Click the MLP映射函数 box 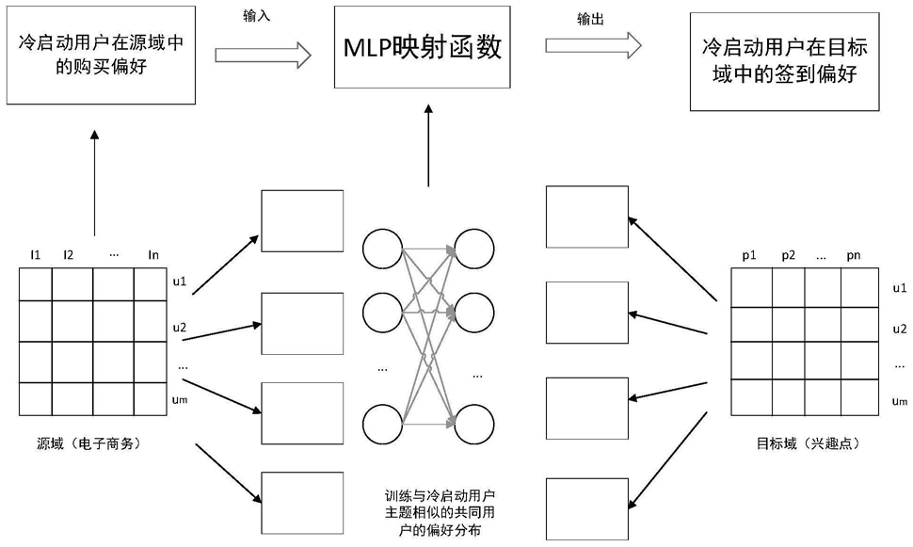click(423, 47)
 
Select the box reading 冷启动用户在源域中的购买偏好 click(101, 56)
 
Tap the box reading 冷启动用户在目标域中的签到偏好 click(784, 62)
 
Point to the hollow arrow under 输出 click(593, 45)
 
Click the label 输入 click(257, 16)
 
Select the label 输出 click(590, 19)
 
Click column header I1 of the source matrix click(36, 254)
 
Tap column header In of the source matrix click(153, 254)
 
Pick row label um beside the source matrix click(180, 399)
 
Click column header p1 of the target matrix click(749, 255)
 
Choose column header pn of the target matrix click(854, 255)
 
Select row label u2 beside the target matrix click(900, 330)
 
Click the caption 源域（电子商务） click(89, 443)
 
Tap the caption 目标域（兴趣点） click(809, 443)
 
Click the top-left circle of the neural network click(382, 249)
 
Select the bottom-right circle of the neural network click(474, 424)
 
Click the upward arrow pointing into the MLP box click(428, 146)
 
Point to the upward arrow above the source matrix click(95, 183)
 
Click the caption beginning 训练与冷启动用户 click(440, 513)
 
